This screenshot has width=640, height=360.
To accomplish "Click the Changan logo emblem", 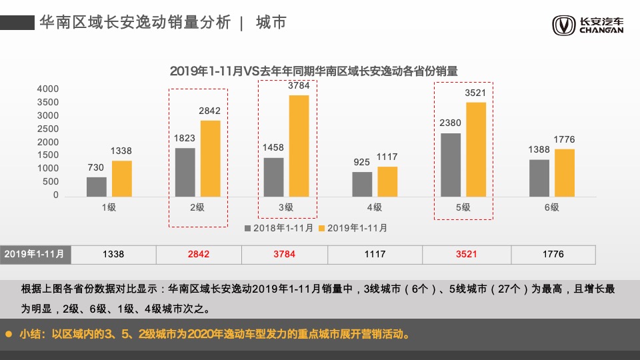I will pyautogui.click(x=563, y=25).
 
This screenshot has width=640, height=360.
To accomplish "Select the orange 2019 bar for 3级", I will pyautogui.click(x=299, y=147).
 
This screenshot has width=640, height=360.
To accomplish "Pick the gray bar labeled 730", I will pyautogui.click(x=97, y=186).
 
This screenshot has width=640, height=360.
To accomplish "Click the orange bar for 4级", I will pyautogui.click(x=387, y=181).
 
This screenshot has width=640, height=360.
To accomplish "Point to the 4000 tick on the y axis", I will pyautogui.click(x=47, y=89).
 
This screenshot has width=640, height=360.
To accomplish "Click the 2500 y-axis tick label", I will pyautogui.click(x=47, y=129).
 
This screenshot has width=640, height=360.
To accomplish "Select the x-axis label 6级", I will pyautogui.click(x=551, y=207).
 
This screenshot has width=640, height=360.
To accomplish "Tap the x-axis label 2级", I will pyautogui.click(x=197, y=207).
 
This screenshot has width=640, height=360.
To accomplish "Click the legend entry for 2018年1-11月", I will pyautogui.click(x=279, y=228).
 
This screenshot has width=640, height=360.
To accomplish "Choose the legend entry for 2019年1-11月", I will pyautogui.click(x=353, y=228).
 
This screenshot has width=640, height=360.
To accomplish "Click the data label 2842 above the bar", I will pyautogui.click(x=209, y=111).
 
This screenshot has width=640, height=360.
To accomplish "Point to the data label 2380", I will pyautogui.click(x=451, y=123).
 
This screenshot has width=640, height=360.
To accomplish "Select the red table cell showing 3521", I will pyautogui.click(x=467, y=254).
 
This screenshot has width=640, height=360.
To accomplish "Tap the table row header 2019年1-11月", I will pyautogui.click(x=35, y=254).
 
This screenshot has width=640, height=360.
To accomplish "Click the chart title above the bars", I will pyautogui.click(x=317, y=70).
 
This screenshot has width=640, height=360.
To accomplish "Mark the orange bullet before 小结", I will pyautogui.click(x=9, y=333).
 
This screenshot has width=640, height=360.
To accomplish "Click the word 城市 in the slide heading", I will pyautogui.click(x=271, y=22).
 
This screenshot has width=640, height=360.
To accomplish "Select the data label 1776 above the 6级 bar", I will pyautogui.click(x=564, y=139).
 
